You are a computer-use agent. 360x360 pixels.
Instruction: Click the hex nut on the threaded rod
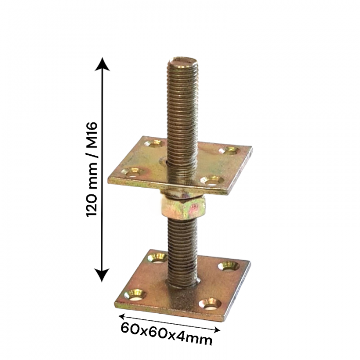pyautogui.click(x=183, y=208)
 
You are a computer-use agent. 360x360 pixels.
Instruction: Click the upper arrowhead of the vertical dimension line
pyautogui.click(x=102, y=64)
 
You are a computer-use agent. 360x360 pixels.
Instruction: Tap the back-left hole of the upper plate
pyautogui.click(x=153, y=143)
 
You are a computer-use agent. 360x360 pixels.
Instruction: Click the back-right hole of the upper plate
pyautogui.click(x=229, y=151)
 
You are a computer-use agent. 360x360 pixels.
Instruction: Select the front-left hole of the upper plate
pyautogui.click(x=132, y=171)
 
